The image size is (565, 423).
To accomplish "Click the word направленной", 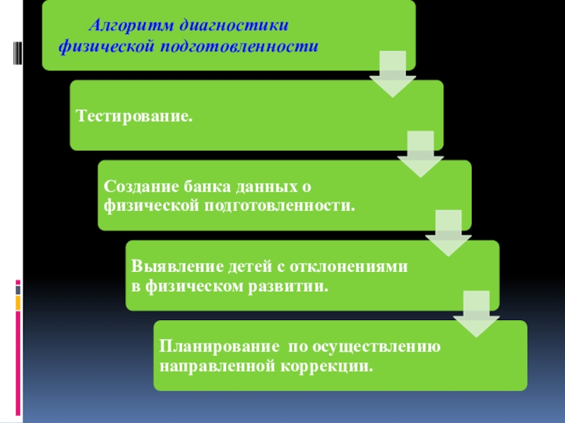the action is (x=212, y=367).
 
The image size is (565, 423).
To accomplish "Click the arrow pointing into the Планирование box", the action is (x=475, y=314).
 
